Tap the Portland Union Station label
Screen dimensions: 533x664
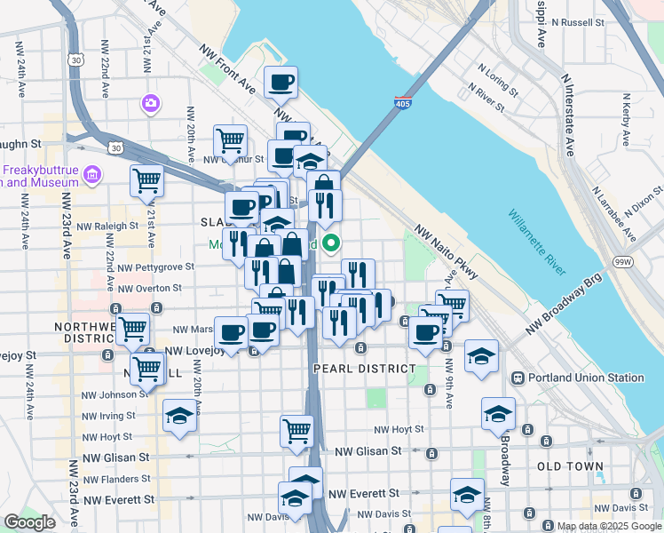pos(586,378)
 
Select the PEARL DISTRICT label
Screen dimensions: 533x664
pos(364,368)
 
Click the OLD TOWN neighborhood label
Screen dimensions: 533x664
pos(570,465)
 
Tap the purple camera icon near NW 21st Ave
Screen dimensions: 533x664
pos(150,104)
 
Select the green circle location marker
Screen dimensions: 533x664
pos(331,242)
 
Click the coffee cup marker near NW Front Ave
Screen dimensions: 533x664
pos(281,83)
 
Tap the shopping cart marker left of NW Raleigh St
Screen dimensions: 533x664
pos(146,181)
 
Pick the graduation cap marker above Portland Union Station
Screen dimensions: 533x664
pos(481,357)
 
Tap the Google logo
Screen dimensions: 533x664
pos(29,521)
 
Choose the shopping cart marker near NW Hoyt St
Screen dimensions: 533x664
pos(296,431)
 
